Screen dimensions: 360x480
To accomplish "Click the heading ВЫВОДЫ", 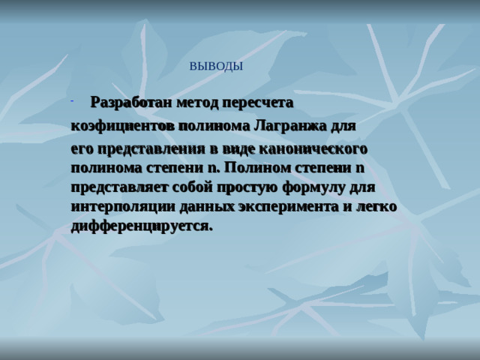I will [x=216, y=66].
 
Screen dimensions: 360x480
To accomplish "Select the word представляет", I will [x=118, y=186].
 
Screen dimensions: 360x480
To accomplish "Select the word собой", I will [x=197, y=186].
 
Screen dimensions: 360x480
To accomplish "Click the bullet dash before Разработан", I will [x=70, y=100].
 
